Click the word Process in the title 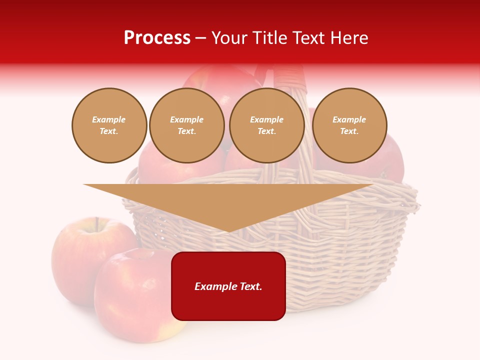(157, 38)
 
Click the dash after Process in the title (201, 38)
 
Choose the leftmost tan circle (109, 125)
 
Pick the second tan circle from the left (187, 125)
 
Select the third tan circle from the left (267, 125)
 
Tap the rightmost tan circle (349, 125)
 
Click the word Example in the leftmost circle (109, 119)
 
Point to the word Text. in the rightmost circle (349, 131)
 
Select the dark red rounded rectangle (228, 305)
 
